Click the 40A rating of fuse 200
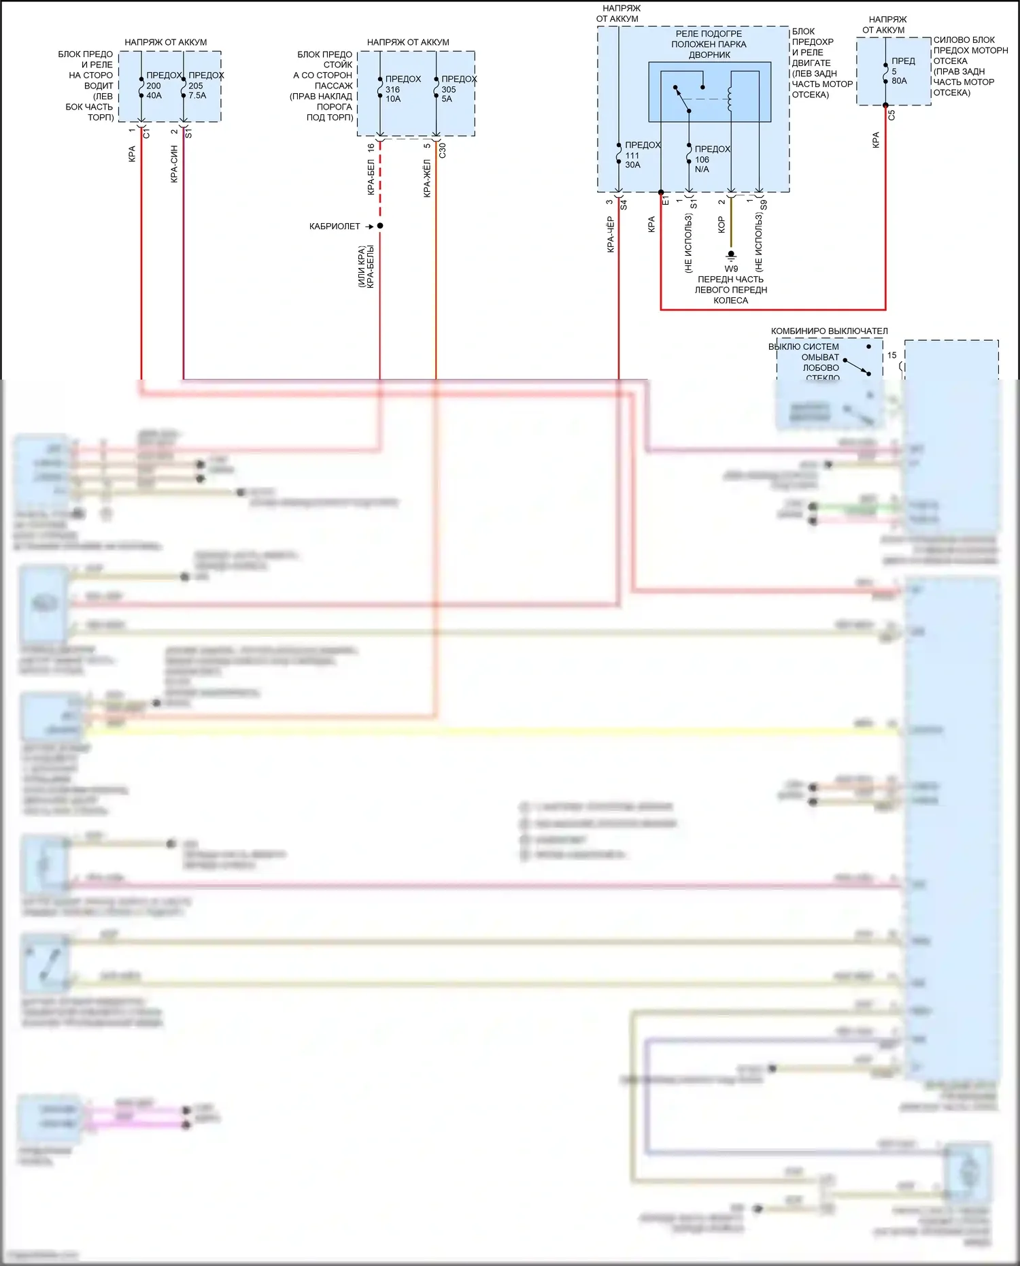pyautogui.click(x=154, y=96)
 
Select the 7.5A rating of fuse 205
pyautogui.click(x=197, y=96)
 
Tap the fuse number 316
pyautogui.click(x=392, y=89)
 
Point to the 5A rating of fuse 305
pyautogui.click(x=447, y=99)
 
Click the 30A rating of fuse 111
pyautogui.click(x=632, y=165)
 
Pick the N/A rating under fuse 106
pyautogui.click(x=702, y=169)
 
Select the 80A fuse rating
pyautogui.click(x=899, y=81)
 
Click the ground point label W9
pyautogui.click(x=731, y=269)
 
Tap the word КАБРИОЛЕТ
pyautogui.click(x=335, y=227)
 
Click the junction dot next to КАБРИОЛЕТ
pyautogui.click(x=380, y=226)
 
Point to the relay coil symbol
pyautogui.click(x=730, y=98)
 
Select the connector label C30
pyautogui.click(x=443, y=150)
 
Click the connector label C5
pyautogui.click(x=891, y=116)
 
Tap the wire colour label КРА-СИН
pyautogui.click(x=174, y=164)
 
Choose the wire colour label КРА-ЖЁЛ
pyautogui.click(x=427, y=178)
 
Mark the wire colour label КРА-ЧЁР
pyautogui.click(x=610, y=235)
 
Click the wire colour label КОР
pyautogui.click(x=721, y=225)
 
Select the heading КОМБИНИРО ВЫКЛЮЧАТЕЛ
pyautogui.click(x=829, y=331)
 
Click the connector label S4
pyautogui.click(x=624, y=204)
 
